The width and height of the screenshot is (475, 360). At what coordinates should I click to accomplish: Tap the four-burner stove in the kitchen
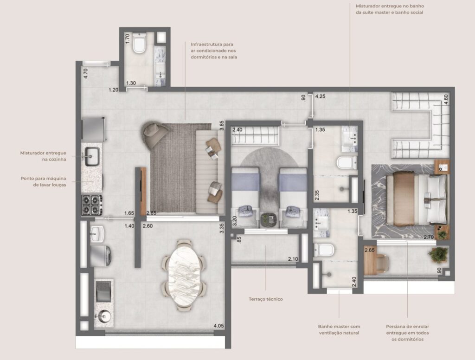(x=92, y=205)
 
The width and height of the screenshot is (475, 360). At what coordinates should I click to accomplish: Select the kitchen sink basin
(x=92, y=156)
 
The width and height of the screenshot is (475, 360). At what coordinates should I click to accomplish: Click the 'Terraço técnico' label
(x=266, y=299)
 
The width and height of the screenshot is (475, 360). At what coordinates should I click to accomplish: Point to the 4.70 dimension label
(x=86, y=74)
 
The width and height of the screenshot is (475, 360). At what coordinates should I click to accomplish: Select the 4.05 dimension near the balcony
(x=219, y=326)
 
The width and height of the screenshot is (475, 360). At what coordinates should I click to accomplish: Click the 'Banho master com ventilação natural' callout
(x=339, y=330)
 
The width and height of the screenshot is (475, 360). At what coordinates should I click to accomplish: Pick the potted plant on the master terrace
(x=439, y=254)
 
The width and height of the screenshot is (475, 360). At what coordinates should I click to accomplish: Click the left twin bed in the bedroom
(x=246, y=197)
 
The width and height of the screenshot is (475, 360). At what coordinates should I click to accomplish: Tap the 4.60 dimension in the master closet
(x=446, y=99)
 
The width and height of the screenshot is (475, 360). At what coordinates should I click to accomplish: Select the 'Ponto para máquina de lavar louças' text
(x=43, y=181)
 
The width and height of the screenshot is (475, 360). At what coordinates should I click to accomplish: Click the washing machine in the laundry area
(x=100, y=256)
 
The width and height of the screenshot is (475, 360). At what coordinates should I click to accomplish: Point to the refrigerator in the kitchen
(x=94, y=129)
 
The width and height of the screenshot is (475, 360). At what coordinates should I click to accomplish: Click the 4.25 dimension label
(x=320, y=96)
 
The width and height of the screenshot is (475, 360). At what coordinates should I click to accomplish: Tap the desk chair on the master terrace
(x=382, y=263)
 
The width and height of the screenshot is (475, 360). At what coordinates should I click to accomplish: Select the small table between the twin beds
(x=269, y=220)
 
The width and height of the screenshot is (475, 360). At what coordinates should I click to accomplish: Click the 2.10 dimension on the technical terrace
(x=293, y=259)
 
